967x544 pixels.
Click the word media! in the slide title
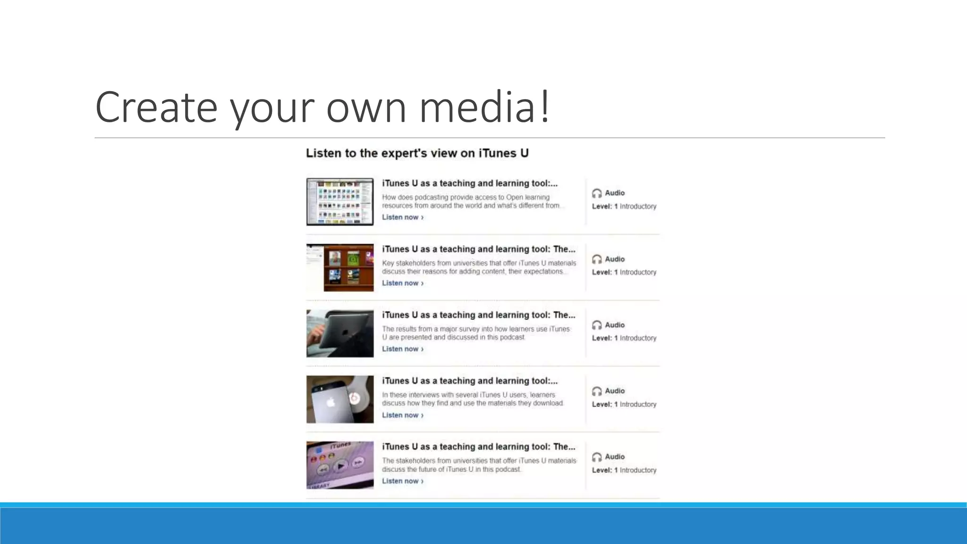click(484, 107)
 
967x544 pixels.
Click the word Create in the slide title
click(156, 107)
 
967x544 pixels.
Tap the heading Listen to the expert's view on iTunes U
click(417, 153)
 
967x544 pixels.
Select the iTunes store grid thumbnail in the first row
click(340, 202)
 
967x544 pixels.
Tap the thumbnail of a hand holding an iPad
click(340, 333)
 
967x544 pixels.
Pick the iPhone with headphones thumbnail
click(340, 399)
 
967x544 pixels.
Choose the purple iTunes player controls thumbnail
click(340, 465)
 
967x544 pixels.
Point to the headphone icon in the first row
click(597, 193)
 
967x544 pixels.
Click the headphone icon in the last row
click(597, 457)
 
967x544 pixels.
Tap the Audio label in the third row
click(614, 325)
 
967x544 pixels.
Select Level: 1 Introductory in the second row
click(624, 272)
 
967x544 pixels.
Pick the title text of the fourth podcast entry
click(469, 381)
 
